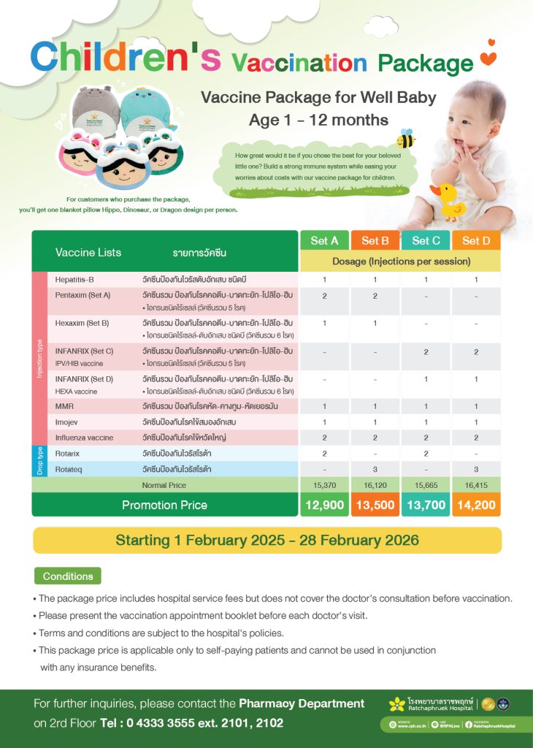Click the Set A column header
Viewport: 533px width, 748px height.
324,240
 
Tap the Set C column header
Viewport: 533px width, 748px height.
426,240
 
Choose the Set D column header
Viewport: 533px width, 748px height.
476,240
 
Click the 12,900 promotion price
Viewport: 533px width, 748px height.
324,505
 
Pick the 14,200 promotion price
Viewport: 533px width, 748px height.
476,505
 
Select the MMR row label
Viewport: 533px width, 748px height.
64,405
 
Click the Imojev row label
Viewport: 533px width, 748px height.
68,422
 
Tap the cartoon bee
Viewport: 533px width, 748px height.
405,138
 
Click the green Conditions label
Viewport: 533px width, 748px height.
67,576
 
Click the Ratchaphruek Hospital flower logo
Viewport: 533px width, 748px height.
396,704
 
